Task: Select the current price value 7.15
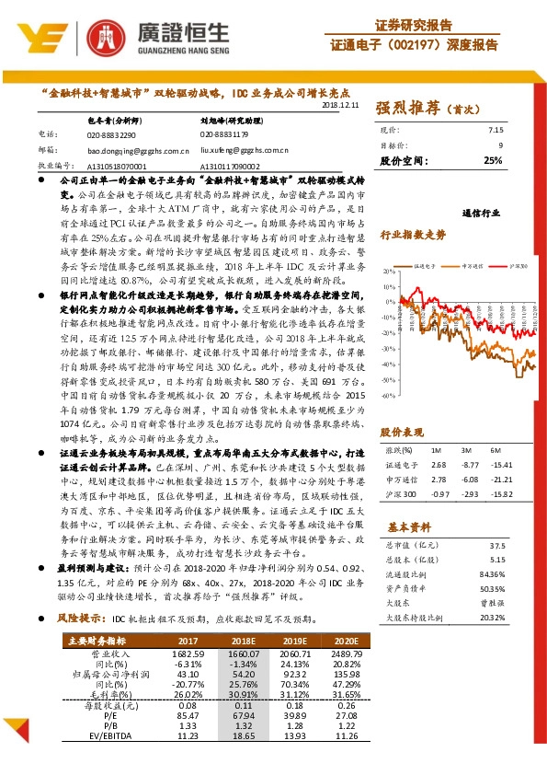(x=496, y=130)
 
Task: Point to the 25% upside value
(x=493, y=160)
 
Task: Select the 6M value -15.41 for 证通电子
(x=501, y=466)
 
